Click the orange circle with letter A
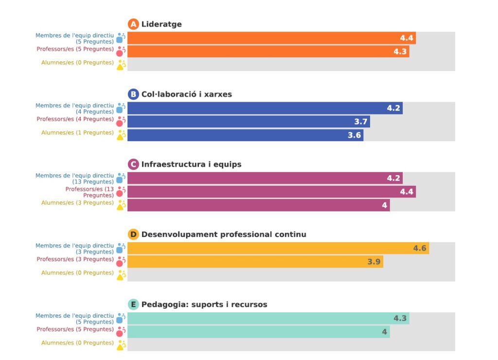click(133, 24)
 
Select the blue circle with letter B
click(133, 94)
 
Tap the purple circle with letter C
click(133, 164)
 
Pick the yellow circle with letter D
click(133, 234)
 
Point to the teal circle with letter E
click(133, 305)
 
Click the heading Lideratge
click(161, 24)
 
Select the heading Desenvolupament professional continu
click(224, 234)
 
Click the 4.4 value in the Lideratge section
click(407, 38)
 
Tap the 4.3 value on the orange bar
click(400, 52)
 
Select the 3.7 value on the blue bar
click(361, 122)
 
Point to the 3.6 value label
click(355, 135)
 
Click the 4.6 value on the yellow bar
click(420, 249)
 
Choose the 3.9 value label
click(374, 262)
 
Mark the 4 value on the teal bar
click(385, 332)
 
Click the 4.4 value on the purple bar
click(407, 192)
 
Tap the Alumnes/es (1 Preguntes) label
click(77, 132)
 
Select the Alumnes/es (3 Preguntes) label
click(77, 202)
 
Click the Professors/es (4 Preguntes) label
click(75, 119)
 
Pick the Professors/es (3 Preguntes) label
click(75, 259)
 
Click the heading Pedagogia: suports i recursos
click(204, 305)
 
